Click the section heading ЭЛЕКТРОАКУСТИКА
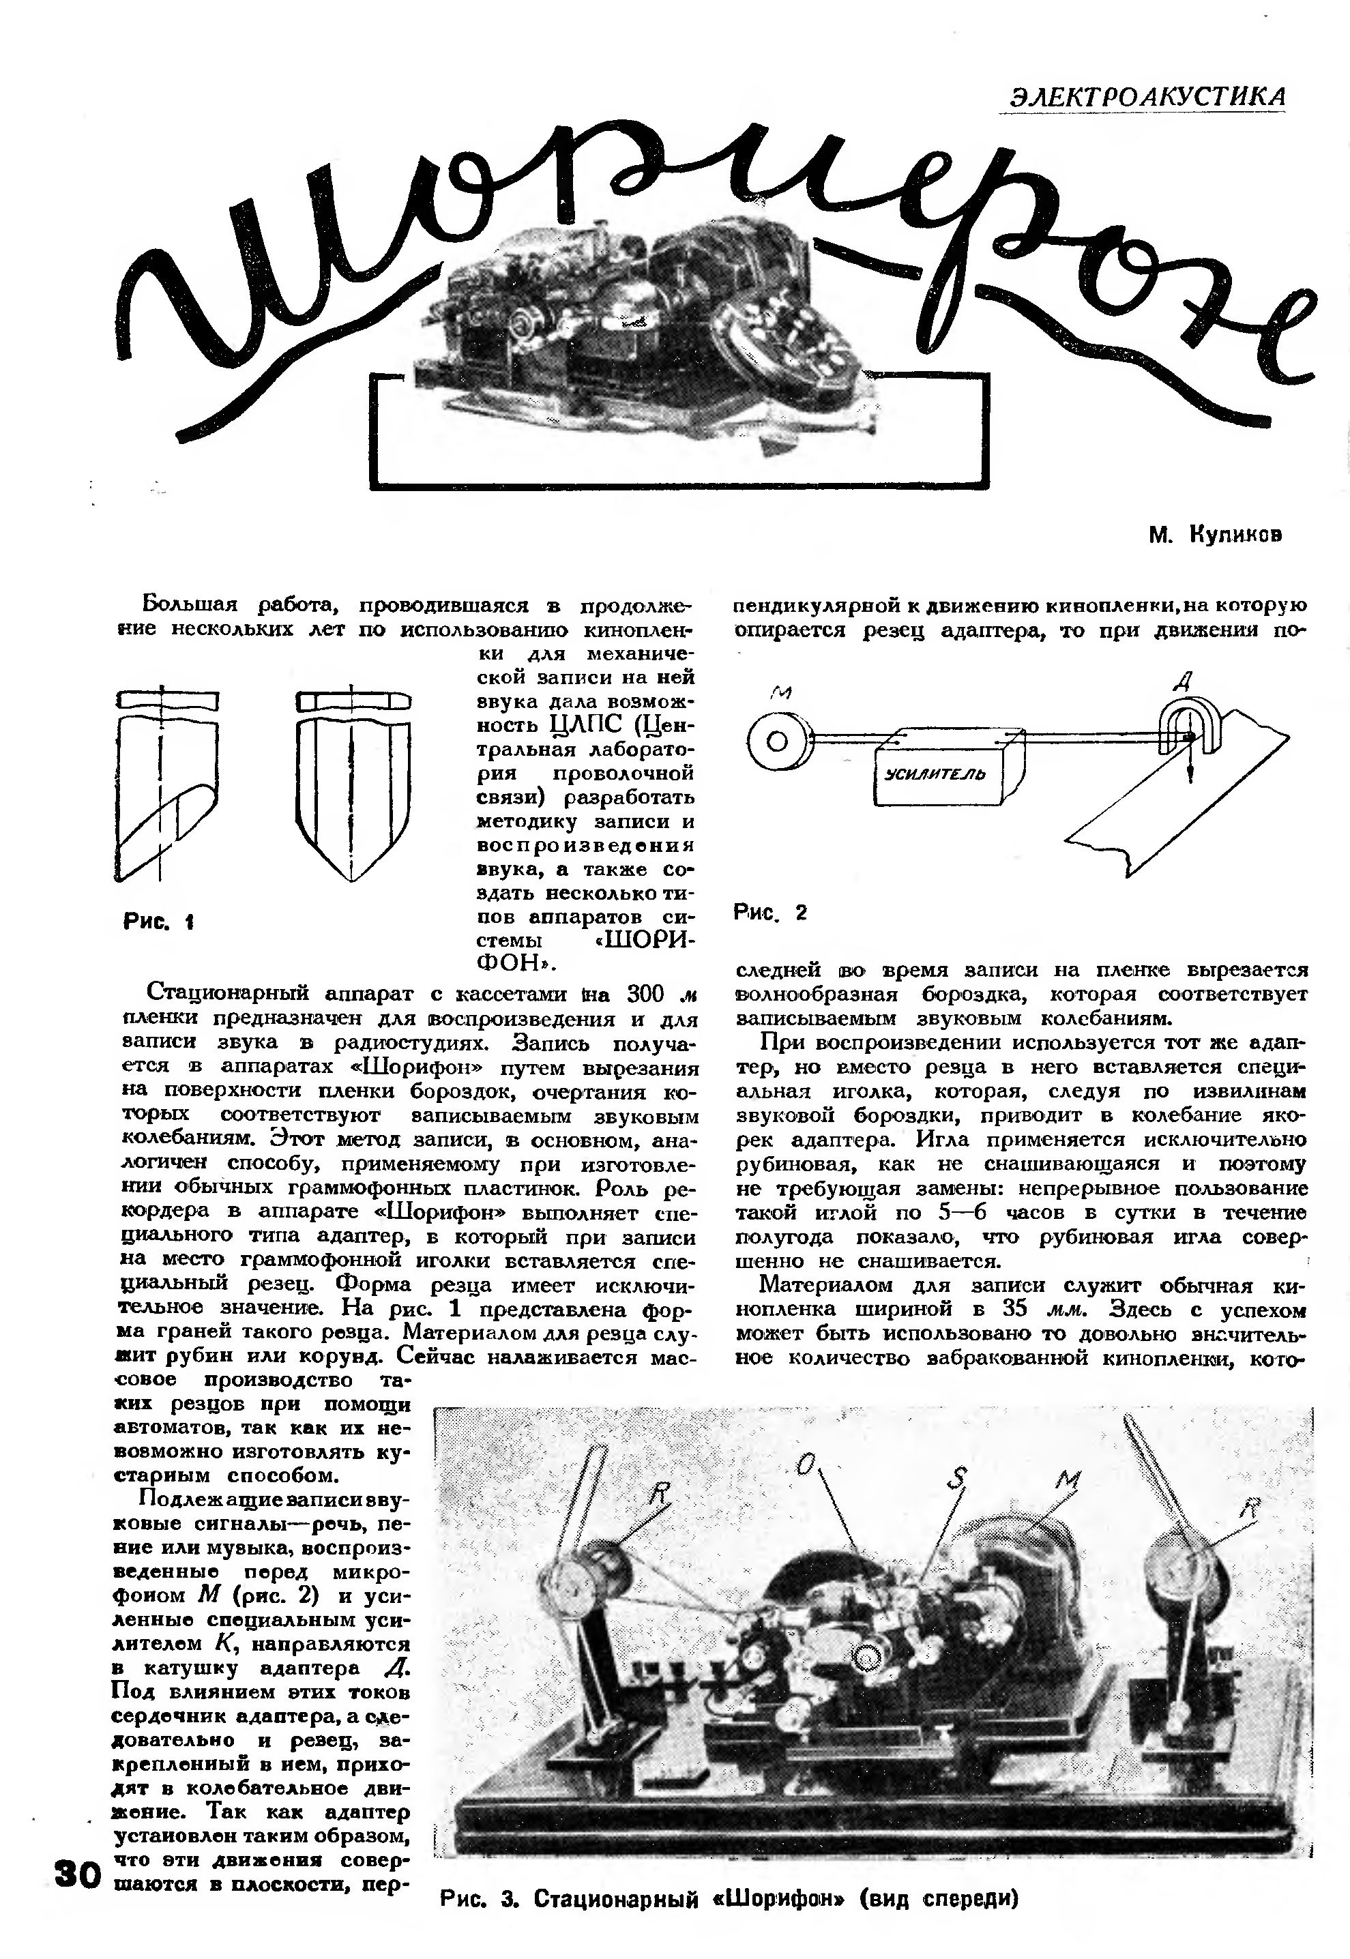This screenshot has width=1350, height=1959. [x=1141, y=95]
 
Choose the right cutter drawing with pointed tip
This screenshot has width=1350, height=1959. [x=353, y=786]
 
